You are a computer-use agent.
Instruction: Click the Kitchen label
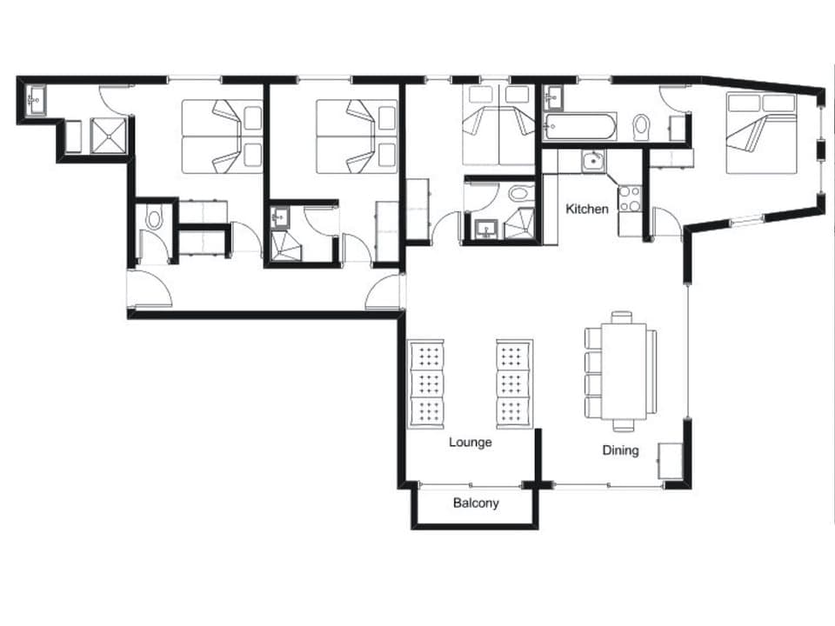click(x=587, y=209)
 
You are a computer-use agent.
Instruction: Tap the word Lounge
click(x=471, y=443)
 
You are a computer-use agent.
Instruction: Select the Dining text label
click(x=621, y=450)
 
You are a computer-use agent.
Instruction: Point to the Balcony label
click(x=476, y=503)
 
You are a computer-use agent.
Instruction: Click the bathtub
click(x=579, y=128)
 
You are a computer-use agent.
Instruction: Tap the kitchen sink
click(x=592, y=161)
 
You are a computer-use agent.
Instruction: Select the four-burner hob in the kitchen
click(x=629, y=199)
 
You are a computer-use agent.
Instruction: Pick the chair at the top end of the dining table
click(x=622, y=317)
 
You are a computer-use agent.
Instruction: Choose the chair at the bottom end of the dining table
click(x=623, y=426)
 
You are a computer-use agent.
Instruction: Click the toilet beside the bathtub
click(x=642, y=127)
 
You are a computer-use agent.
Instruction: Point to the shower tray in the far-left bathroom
click(x=109, y=136)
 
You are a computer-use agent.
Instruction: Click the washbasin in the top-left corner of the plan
click(x=36, y=99)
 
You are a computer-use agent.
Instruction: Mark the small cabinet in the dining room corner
click(x=671, y=461)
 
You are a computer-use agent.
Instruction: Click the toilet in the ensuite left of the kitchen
click(x=520, y=192)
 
